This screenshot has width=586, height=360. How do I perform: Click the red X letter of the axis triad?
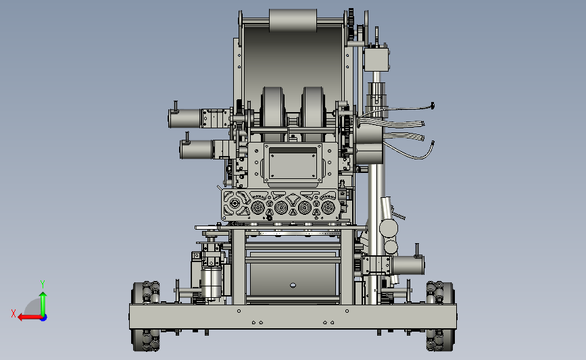pos(14,313)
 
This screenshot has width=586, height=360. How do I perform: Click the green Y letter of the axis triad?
pos(43,284)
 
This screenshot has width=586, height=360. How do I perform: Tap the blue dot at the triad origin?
pos(43,317)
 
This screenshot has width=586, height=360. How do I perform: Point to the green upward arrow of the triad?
pos(43,304)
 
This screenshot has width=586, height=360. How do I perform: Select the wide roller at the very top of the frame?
pos(293,20)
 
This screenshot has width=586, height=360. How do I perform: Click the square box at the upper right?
pos(376,59)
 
